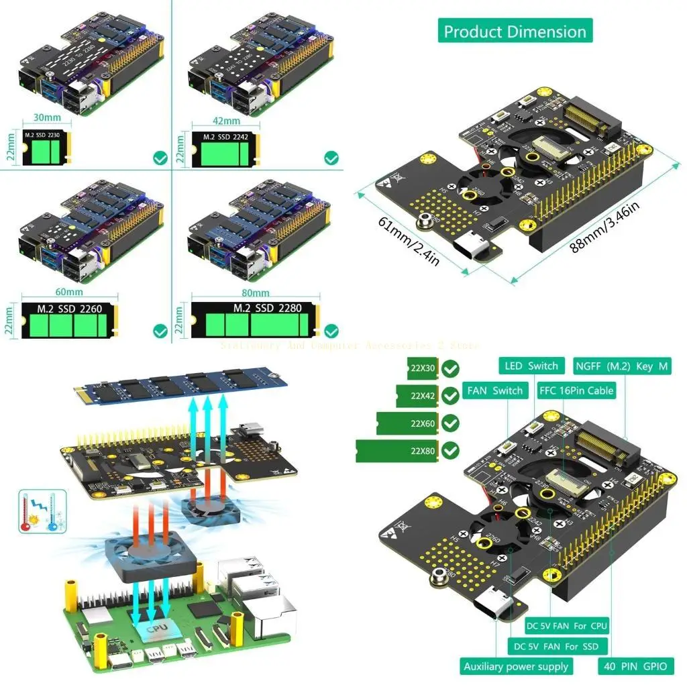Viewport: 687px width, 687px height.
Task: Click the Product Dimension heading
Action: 515,32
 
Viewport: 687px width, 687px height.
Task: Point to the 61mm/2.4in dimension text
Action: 409,241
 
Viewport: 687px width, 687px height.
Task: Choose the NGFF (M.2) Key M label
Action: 622,366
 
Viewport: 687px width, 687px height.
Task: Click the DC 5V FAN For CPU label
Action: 566,626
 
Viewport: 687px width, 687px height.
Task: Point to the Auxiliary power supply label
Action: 516,666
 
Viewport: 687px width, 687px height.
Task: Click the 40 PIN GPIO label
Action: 635,666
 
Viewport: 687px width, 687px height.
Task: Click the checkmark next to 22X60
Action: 451,423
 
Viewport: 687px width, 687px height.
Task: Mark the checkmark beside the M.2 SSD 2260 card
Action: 160,331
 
